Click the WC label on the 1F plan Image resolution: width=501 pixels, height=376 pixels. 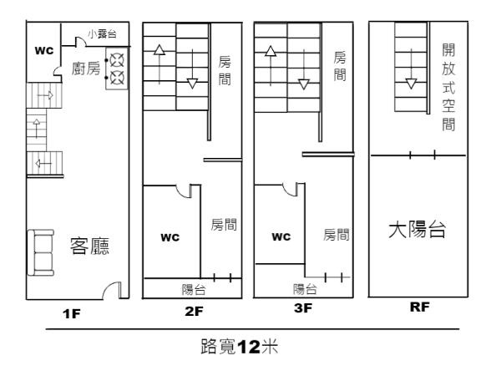(x=43, y=51)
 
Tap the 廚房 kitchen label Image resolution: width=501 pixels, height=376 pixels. (x=87, y=70)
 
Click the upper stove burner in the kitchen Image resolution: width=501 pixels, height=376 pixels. (x=118, y=60)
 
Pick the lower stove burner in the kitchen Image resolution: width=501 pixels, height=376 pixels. (x=118, y=79)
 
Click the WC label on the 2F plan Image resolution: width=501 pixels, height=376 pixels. (x=170, y=237)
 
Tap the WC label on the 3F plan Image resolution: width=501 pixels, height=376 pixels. (x=281, y=236)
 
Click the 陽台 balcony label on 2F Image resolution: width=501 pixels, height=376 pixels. (x=195, y=290)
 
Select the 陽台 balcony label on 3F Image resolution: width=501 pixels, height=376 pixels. (x=305, y=289)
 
